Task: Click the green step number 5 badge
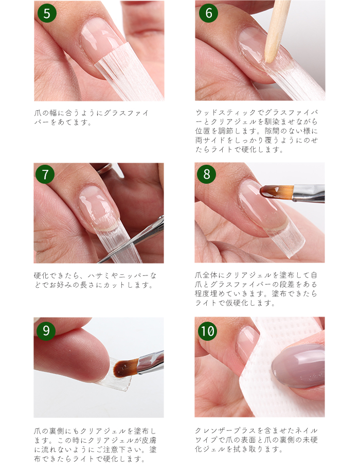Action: click(x=47, y=13)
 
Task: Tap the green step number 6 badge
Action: click(x=208, y=13)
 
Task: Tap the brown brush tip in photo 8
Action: click(x=273, y=192)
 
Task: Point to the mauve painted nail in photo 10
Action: click(x=301, y=365)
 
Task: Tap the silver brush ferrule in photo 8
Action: click(x=309, y=193)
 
